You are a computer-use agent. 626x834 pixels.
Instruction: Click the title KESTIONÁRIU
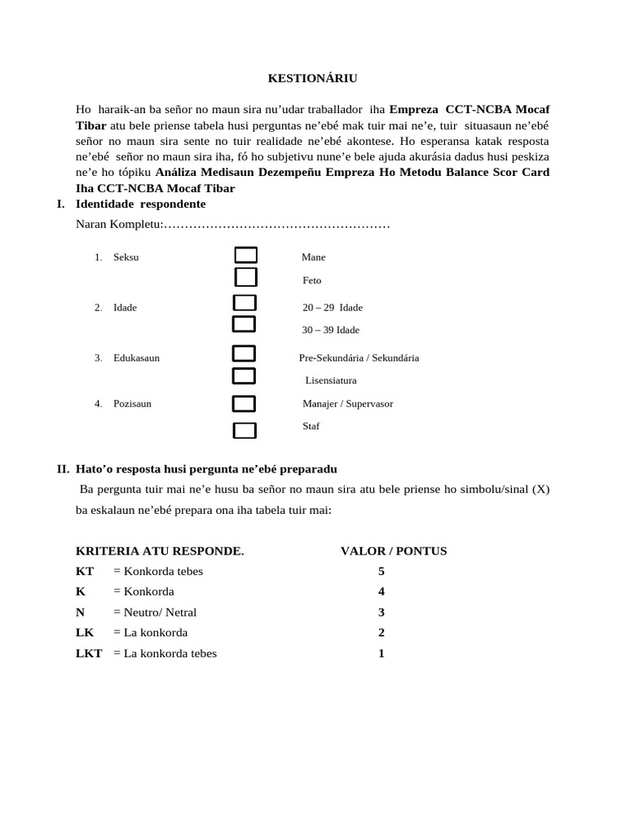click(x=313, y=78)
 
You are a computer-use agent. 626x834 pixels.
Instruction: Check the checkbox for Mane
click(x=245, y=256)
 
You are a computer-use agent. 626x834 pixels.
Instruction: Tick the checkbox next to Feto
click(x=245, y=278)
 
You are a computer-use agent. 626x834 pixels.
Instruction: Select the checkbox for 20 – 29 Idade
click(x=245, y=304)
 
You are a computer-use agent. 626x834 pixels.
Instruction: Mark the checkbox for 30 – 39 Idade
click(x=244, y=325)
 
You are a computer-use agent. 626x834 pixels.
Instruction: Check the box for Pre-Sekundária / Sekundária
click(x=244, y=354)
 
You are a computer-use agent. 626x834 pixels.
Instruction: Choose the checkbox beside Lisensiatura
click(x=244, y=376)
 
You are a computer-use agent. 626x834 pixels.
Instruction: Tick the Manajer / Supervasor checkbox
click(x=244, y=404)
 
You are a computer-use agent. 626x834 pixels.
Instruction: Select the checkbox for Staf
click(x=244, y=431)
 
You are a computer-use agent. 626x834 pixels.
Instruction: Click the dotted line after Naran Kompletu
click(x=277, y=224)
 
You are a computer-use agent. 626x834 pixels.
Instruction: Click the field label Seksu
click(x=126, y=257)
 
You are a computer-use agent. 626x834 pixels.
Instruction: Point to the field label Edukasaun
click(x=136, y=358)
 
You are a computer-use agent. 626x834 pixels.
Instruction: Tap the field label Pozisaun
click(x=132, y=404)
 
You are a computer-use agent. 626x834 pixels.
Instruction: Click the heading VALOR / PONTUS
click(x=394, y=551)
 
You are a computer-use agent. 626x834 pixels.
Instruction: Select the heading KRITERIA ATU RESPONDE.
click(x=160, y=551)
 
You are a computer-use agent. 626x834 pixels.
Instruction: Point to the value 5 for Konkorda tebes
click(x=381, y=572)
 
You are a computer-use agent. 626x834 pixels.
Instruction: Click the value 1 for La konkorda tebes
click(x=381, y=654)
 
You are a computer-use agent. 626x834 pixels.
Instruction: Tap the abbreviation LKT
click(x=89, y=654)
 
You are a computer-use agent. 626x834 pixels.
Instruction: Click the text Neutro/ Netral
click(x=160, y=612)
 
